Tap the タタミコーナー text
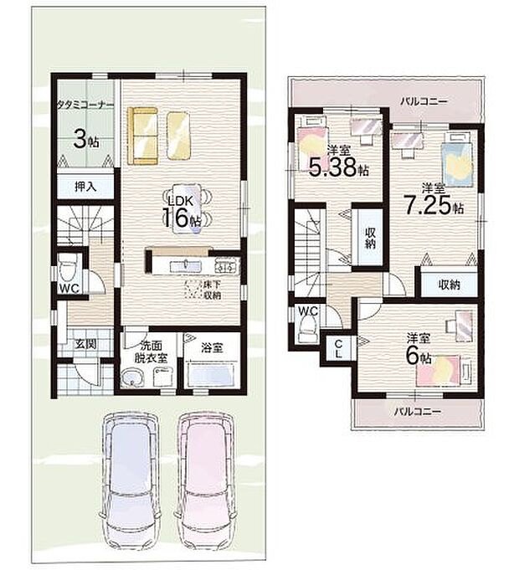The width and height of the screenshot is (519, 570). coord(85,105)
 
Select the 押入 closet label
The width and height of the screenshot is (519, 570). coord(85,187)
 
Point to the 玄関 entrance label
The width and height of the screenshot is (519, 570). coord(85,343)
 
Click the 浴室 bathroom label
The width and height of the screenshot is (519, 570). coord(212,348)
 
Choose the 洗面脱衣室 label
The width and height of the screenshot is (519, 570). coord(151,352)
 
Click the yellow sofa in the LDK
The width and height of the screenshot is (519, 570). coord(142,136)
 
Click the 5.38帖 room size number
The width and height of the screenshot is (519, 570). coord(339,167)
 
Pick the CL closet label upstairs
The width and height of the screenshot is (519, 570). coord(338,349)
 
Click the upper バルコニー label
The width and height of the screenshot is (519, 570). coord(424,101)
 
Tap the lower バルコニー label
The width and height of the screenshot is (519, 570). coord(418,412)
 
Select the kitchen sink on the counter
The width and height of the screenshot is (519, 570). coord(185,265)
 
